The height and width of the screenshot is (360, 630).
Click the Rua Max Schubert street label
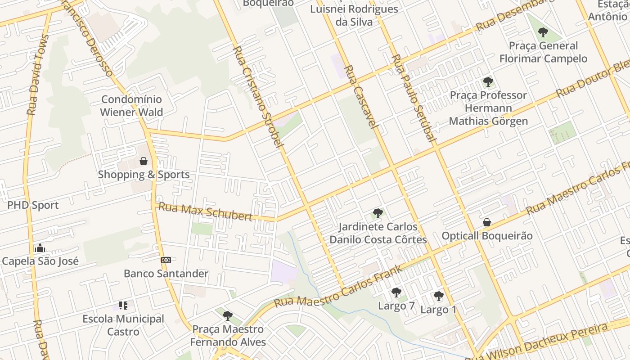[206, 212]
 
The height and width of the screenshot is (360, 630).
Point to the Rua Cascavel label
[360, 97]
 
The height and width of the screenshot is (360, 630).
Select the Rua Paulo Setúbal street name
[414, 98]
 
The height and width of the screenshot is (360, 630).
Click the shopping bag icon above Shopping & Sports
[144, 161]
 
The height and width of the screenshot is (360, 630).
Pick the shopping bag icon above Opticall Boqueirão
[486, 222]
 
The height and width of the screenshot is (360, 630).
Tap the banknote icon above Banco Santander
[166, 260]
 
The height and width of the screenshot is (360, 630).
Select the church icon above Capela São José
[40, 248]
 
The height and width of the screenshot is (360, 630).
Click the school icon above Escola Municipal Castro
[123, 306]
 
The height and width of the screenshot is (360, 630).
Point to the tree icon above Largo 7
[396, 293]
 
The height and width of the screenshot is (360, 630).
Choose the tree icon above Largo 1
[438, 296]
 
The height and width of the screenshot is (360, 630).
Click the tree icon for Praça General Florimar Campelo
[543, 32]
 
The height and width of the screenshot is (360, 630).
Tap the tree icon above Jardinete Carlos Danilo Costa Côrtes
[378, 213]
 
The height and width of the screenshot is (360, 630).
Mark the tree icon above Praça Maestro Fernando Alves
[228, 316]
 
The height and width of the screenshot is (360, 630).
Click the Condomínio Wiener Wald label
[131, 106]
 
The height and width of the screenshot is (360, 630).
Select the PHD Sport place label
[33, 205]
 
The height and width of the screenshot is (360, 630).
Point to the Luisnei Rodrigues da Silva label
[355, 15]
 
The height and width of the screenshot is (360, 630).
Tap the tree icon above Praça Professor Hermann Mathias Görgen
[488, 82]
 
